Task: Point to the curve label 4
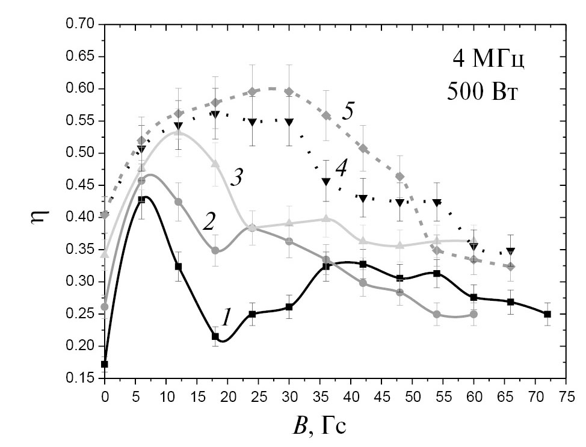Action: coord(341,170)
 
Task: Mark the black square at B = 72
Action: coord(547,314)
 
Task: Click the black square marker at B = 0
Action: coord(105,364)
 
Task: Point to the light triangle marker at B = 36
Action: coord(326,218)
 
